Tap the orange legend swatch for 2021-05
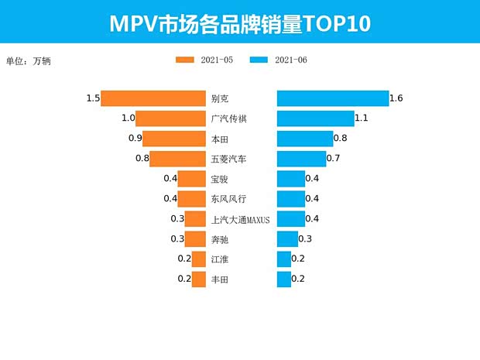click(x=186, y=60)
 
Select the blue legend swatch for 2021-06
click(x=259, y=60)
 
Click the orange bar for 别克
click(x=153, y=98)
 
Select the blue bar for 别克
click(x=333, y=98)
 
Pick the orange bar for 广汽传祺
click(x=170, y=118)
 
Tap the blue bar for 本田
click(x=305, y=139)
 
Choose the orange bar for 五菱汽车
click(x=177, y=159)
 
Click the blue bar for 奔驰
click(x=287, y=238)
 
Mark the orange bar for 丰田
click(x=199, y=279)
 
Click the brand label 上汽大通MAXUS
click(x=240, y=219)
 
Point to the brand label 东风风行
click(x=228, y=199)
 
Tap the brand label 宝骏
click(x=219, y=179)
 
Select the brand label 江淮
click(x=219, y=259)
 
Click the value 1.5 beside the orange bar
click(x=93, y=98)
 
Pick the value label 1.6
click(x=396, y=98)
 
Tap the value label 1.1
click(x=361, y=118)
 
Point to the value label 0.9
click(x=135, y=139)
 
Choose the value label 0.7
click(x=333, y=159)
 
